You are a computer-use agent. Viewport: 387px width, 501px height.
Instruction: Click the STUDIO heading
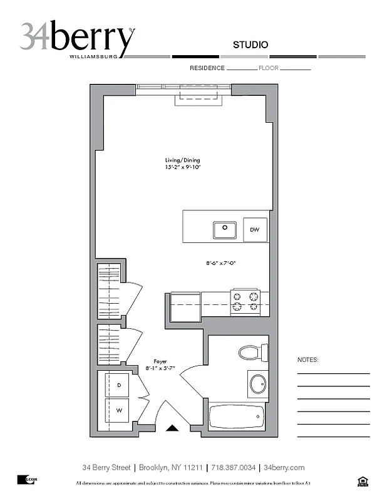(250, 44)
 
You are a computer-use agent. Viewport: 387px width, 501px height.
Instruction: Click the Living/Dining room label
(182, 160)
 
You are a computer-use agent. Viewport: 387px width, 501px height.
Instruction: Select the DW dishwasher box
(255, 230)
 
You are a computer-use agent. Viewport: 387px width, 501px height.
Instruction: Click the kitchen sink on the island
(224, 230)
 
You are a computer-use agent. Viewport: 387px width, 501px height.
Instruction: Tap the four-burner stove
(246, 301)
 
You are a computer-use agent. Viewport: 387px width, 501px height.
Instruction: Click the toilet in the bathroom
(253, 352)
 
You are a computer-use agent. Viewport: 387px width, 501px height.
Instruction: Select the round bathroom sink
(258, 383)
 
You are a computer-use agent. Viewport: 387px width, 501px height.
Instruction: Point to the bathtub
(236, 416)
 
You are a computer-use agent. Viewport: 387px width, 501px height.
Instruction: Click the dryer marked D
(119, 385)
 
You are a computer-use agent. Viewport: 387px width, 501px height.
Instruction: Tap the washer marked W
(119, 411)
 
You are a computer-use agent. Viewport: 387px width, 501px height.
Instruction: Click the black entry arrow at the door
(173, 428)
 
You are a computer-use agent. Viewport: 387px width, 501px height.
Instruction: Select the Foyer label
(160, 361)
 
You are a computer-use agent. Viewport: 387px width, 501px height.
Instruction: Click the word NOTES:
(307, 360)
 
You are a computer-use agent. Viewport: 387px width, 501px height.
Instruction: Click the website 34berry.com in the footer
(284, 467)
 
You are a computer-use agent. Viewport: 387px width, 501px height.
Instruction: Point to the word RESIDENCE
(207, 68)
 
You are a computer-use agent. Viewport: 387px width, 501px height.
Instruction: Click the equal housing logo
(361, 481)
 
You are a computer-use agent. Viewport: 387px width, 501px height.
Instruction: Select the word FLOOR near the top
(268, 68)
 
